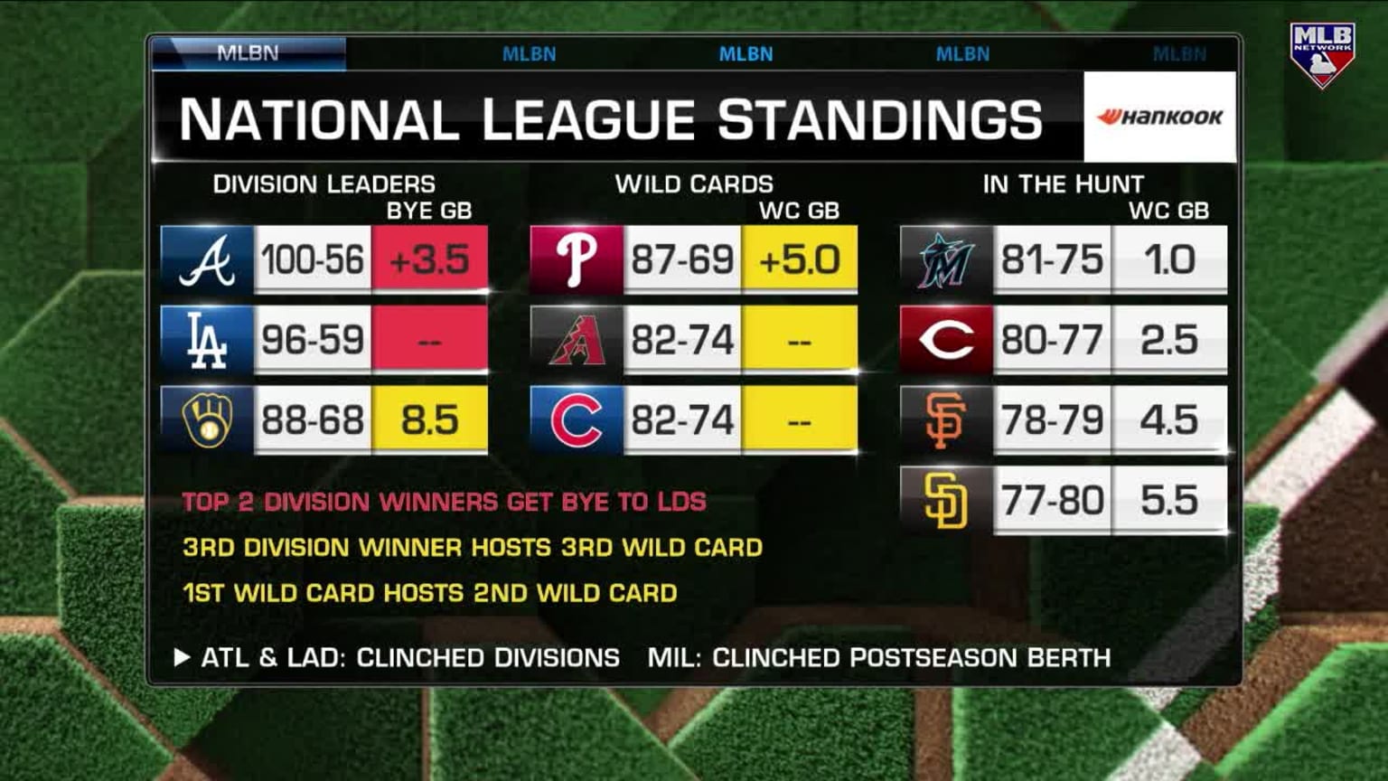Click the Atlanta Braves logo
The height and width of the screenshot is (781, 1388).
(207, 260)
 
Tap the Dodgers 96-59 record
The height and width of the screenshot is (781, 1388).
(313, 341)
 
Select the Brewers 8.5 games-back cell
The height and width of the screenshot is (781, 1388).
(430, 420)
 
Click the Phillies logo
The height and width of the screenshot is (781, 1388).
(577, 260)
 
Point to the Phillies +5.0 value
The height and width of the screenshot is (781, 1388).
(800, 260)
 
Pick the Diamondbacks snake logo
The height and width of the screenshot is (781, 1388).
(577, 341)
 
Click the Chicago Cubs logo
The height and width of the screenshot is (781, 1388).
(577, 420)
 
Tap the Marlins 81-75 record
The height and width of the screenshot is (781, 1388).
(1052, 260)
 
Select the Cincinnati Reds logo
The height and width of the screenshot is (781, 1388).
(946, 341)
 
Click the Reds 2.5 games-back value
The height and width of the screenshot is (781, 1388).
(1169, 341)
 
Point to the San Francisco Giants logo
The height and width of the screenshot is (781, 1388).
(946, 420)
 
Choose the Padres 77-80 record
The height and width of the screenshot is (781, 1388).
(1052, 501)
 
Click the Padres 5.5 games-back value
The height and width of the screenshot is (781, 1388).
(1169, 501)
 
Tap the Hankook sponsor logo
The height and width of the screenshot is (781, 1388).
(1159, 117)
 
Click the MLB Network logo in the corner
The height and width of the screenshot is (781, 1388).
(1322, 55)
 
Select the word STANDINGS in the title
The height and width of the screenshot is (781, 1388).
(880, 119)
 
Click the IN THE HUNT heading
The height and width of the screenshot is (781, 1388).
(1063, 184)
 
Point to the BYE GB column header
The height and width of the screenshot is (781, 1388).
(429, 211)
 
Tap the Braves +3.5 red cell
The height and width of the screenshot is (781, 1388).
(430, 260)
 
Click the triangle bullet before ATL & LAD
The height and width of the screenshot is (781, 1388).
(182, 657)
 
